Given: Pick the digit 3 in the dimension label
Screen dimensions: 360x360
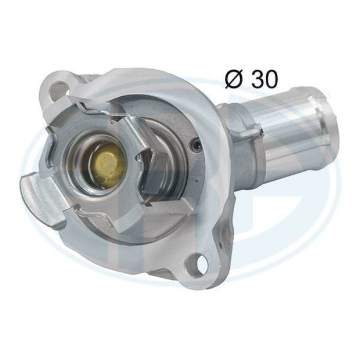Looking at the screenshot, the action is (258, 79).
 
